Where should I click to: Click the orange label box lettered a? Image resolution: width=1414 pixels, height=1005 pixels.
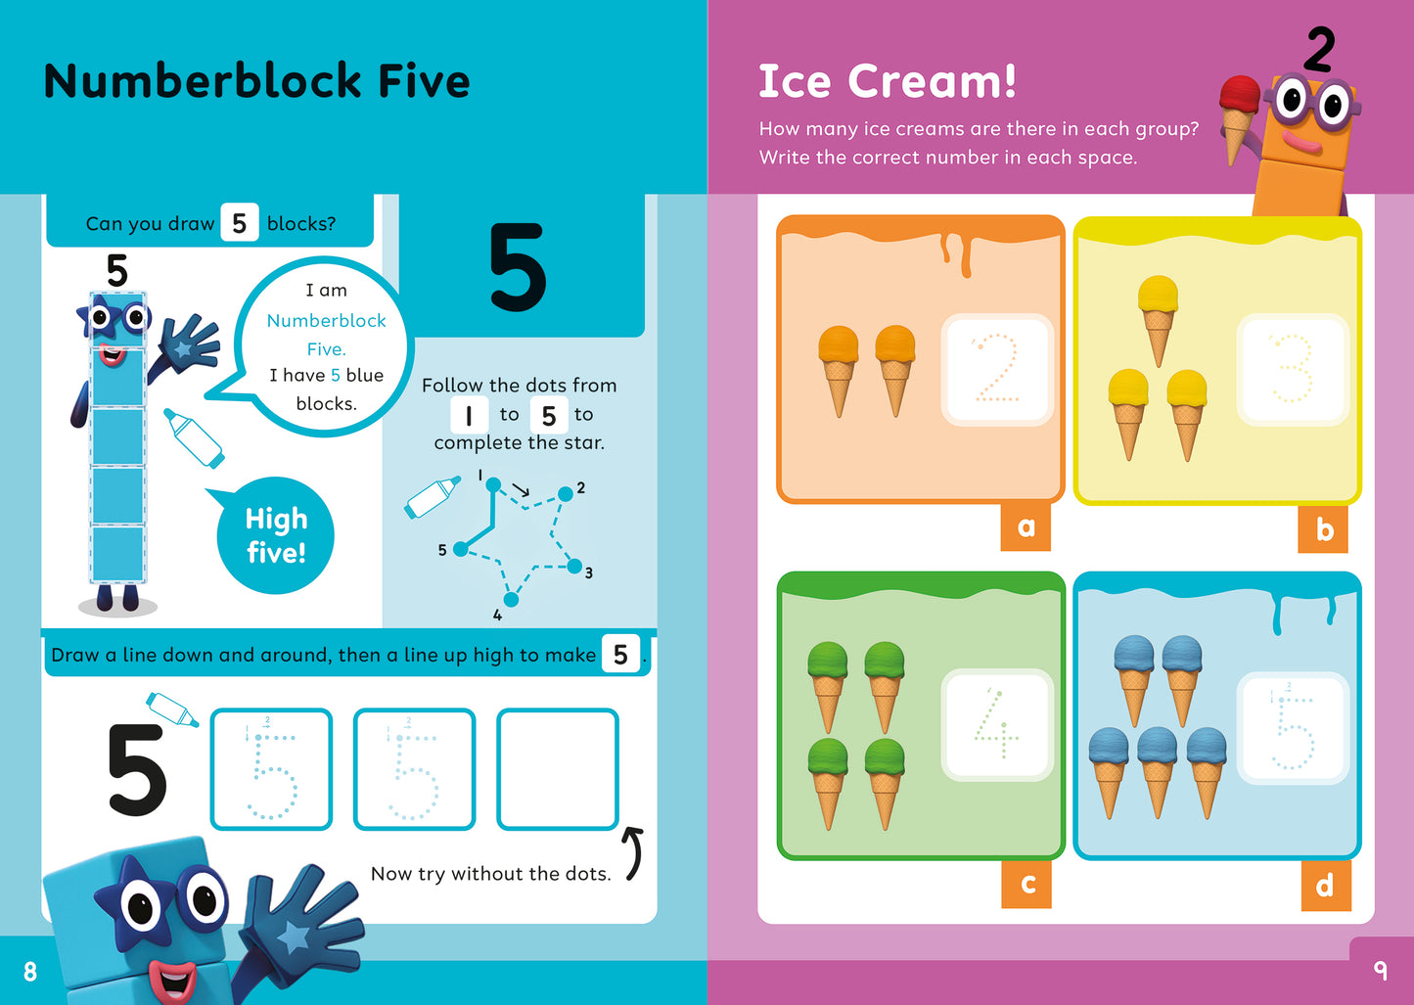[1026, 527]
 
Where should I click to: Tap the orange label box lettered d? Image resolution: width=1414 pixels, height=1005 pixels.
[1326, 885]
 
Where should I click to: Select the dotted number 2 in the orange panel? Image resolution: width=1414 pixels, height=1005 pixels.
[996, 369]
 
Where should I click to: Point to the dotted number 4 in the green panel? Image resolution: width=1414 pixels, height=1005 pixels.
[996, 724]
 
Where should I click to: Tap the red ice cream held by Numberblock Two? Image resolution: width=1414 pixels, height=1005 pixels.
[1240, 99]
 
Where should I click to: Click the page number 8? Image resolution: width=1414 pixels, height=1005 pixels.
[30, 971]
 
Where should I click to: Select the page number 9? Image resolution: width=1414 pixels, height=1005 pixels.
[1380, 970]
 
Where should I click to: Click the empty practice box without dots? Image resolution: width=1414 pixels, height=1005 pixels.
[558, 769]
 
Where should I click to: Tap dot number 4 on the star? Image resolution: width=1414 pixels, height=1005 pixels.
[510, 599]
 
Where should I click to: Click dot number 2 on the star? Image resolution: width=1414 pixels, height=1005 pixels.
[566, 494]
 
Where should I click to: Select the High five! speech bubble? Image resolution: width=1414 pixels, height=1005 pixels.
[275, 535]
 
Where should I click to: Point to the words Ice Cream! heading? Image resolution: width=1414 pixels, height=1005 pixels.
[888, 81]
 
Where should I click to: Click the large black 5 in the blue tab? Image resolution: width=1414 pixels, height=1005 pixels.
[517, 267]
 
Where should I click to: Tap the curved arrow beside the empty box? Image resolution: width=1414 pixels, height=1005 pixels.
[634, 852]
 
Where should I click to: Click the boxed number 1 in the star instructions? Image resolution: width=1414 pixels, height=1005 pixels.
[469, 415]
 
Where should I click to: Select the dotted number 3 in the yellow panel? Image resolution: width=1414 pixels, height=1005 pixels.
[1292, 369]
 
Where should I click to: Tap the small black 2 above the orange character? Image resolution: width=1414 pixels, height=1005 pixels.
[1319, 50]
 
